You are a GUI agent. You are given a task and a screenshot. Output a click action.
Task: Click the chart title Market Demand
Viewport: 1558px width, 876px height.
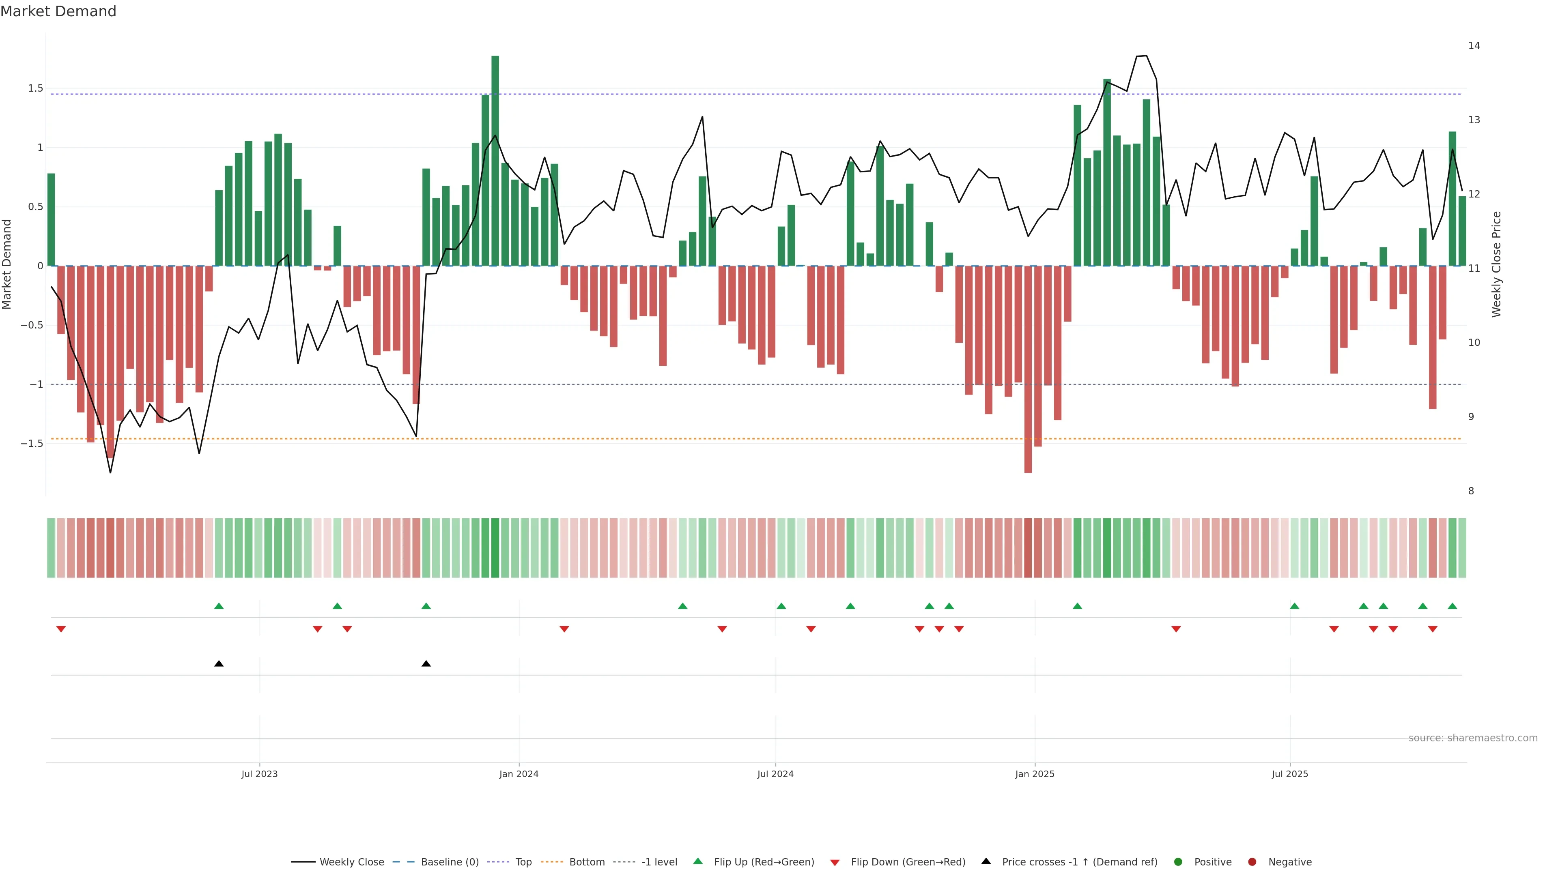click(x=58, y=11)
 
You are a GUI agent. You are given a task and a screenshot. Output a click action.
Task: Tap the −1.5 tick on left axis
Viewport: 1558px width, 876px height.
click(x=32, y=443)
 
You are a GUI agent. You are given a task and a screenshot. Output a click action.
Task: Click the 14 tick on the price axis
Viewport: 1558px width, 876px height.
click(x=1474, y=45)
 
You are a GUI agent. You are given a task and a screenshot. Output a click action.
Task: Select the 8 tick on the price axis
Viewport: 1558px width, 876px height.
click(x=1471, y=491)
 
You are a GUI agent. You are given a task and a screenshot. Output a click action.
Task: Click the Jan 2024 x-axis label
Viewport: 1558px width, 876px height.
click(x=519, y=774)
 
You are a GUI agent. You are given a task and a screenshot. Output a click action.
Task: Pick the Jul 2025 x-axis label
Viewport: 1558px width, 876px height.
click(x=1289, y=774)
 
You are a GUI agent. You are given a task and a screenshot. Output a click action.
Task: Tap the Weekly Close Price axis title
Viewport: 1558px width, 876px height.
click(x=1496, y=264)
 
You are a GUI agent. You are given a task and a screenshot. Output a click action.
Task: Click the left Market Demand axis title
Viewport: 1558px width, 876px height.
click(x=6, y=264)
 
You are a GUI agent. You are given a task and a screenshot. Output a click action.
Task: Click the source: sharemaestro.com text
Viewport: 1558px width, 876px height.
click(x=1473, y=738)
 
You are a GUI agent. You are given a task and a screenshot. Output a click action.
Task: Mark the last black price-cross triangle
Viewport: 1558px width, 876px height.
click(x=426, y=664)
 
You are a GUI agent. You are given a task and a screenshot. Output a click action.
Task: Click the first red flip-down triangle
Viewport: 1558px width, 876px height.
click(x=60, y=629)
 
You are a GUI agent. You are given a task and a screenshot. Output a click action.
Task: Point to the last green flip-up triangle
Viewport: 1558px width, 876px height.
click(x=1452, y=606)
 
